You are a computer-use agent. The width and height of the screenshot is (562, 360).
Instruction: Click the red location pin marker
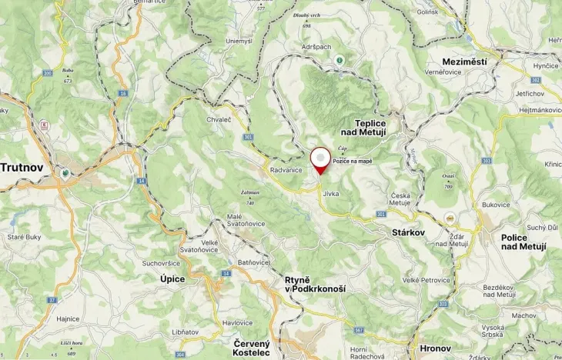pos(319,159)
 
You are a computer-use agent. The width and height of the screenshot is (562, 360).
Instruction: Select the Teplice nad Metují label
pos(380,127)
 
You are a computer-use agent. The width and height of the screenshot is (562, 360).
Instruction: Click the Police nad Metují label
pos(524,242)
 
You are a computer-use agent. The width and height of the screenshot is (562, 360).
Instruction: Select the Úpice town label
pos(172,278)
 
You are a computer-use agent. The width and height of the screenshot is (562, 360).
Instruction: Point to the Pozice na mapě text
pos(353,161)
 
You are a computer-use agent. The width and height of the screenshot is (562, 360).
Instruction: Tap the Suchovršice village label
pos(160,263)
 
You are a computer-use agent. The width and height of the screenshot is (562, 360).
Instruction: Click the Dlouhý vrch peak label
pos(306,15)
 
